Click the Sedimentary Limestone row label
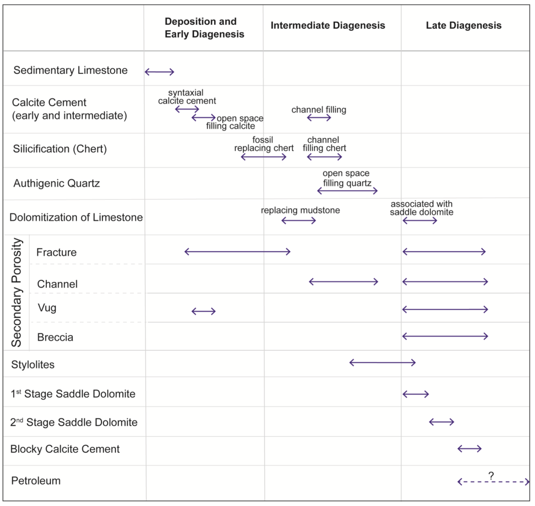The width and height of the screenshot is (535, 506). tap(70, 70)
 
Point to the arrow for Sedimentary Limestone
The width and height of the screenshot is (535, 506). tap(159, 72)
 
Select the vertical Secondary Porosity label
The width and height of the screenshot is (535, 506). tap(17, 292)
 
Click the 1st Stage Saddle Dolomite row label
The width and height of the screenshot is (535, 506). tap(73, 394)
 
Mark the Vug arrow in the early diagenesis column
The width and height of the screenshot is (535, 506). tap(204, 311)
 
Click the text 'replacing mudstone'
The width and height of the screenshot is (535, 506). tap(300, 210)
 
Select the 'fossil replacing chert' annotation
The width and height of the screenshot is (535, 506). tap(264, 144)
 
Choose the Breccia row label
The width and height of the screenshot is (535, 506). tap(55, 337)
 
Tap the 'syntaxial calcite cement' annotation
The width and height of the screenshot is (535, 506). tap(187, 97)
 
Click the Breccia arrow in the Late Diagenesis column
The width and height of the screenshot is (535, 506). tap(445, 336)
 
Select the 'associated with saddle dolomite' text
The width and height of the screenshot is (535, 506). tap(421, 208)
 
